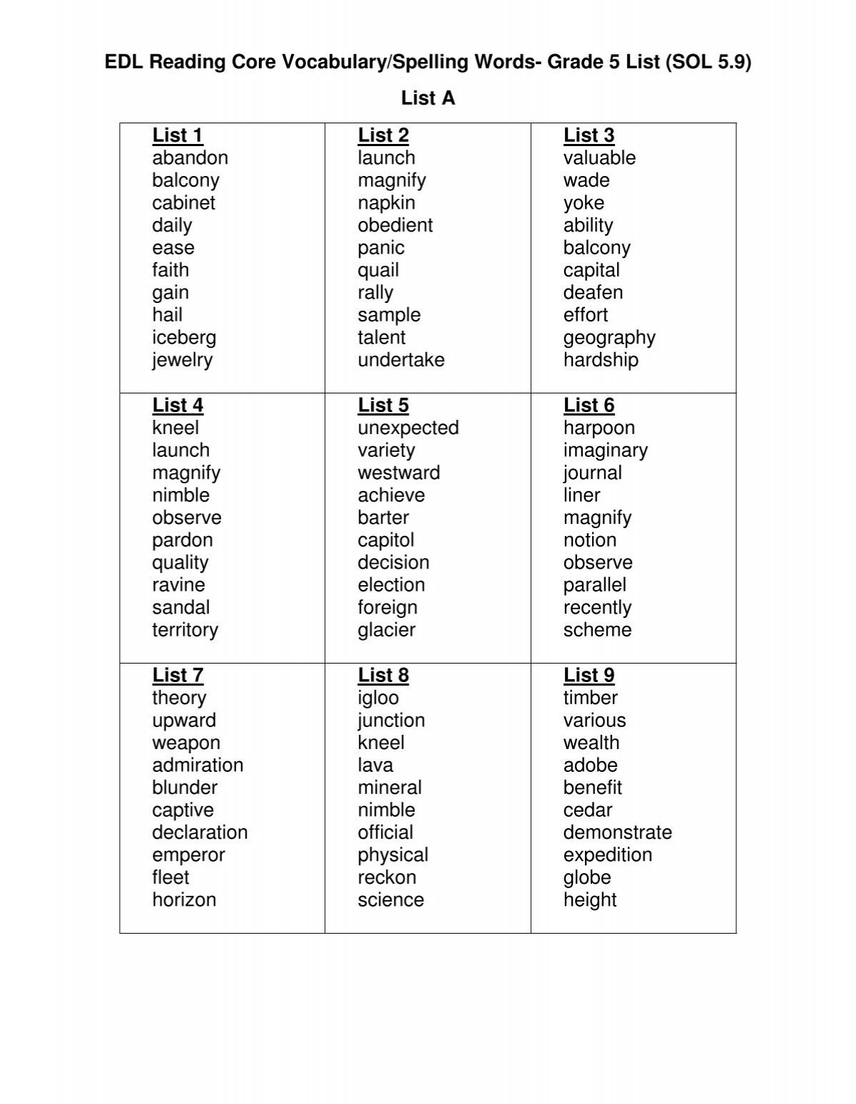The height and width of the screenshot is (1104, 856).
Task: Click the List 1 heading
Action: [178, 135]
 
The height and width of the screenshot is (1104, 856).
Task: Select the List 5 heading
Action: [383, 406]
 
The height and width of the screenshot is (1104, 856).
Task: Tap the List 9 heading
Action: [588, 675]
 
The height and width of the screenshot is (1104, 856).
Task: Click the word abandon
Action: [190, 158]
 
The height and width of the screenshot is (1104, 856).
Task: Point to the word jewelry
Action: [182, 360]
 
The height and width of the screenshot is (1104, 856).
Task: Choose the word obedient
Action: [395, 225]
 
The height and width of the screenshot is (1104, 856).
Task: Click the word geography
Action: [609, 338]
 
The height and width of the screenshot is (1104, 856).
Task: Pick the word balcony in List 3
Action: [596, 248]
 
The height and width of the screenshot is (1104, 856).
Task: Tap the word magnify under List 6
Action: [597, 518]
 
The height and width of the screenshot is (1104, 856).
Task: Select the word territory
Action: [185, 630]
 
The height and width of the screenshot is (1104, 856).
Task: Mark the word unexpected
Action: [408, 428]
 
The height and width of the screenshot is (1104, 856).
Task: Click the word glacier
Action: [387, 630]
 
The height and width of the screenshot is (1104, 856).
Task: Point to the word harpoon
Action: [598, 428]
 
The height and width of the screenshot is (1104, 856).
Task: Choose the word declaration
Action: [200, 832]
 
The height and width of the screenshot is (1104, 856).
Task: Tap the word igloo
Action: [378, 698]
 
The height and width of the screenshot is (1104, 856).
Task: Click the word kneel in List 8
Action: [381, 743]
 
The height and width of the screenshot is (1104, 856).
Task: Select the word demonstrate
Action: [617, 832]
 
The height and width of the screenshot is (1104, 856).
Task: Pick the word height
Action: [590, 900]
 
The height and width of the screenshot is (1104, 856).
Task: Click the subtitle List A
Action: [428, 98]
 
